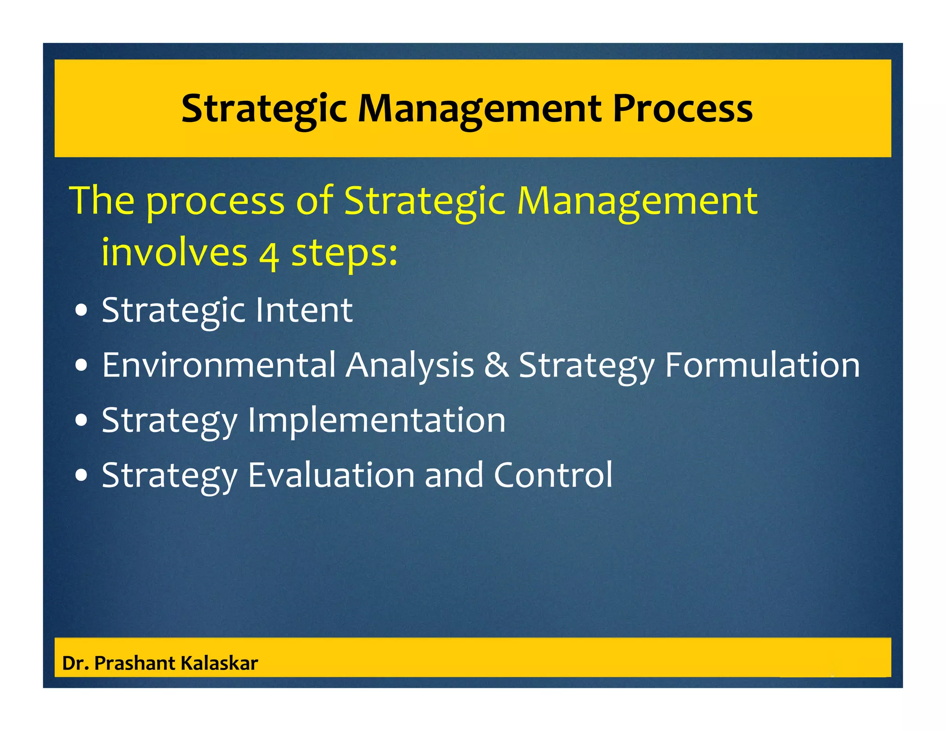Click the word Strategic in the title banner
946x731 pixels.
[264, 110]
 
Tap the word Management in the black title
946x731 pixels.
[480, 110]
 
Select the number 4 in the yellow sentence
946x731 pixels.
[269, 255]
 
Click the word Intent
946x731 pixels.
[304, 310]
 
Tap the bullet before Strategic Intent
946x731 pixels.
[81, 311]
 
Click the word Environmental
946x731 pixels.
[219, 365]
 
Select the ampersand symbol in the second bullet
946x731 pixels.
[497, 365]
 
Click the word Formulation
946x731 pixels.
[762, 365]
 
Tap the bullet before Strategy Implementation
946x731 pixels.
[81, 421]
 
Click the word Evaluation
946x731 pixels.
[331, 475]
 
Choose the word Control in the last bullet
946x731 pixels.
[553, 475]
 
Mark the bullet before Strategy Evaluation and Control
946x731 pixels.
[81, 476]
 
